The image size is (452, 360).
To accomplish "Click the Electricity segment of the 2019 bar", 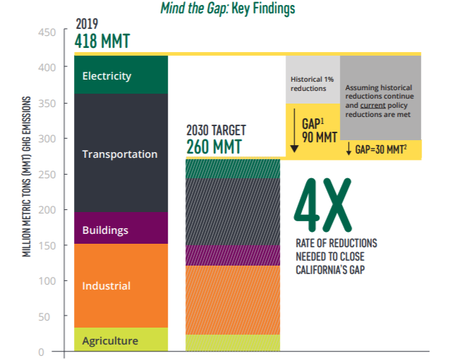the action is coord(121,75).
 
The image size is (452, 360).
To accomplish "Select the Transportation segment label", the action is coord(120,154).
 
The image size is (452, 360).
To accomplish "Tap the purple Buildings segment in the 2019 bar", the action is coord(121,228).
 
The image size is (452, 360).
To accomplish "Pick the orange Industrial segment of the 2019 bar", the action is coord(121,286).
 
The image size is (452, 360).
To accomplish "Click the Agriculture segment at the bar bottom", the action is coord(121,340).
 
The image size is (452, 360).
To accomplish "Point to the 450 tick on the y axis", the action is coord(47,32).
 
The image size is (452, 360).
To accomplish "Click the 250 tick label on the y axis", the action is coord(47,175).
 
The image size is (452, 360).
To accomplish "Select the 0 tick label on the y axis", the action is coord(41,352).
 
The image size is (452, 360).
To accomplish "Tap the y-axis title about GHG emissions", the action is coord(26,177).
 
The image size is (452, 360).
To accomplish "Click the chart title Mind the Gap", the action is coord(228,8).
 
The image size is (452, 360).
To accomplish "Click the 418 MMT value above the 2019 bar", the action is coord(102,41).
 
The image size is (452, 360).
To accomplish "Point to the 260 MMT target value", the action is coord(214,147).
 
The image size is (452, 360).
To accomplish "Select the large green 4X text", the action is coord(322,205).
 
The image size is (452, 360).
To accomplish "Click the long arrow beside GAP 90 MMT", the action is coord(294,130).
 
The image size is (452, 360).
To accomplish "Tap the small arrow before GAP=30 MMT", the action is coord(349,149).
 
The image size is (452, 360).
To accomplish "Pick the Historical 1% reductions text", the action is coord(312,84).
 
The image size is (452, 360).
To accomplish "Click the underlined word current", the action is coord(373,106).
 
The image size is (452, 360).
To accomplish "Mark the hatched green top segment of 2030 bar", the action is coord(233,169).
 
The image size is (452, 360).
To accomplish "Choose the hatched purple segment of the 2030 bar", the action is coord(233,256).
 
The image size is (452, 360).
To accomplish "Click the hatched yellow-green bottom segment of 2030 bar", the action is coord(233,342).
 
